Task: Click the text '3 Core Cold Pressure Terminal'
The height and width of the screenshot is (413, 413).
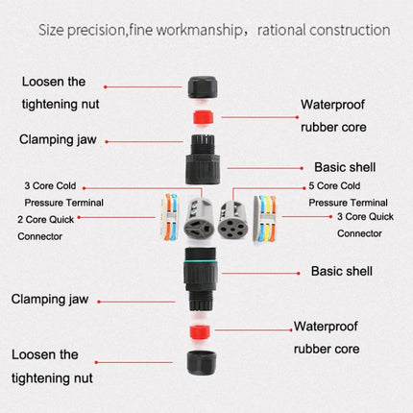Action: [63, 194]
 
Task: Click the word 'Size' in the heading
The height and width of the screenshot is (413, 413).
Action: [55, 29]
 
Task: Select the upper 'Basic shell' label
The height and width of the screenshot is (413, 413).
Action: [331, 165]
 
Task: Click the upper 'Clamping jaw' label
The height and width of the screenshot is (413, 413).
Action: [60, 139]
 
